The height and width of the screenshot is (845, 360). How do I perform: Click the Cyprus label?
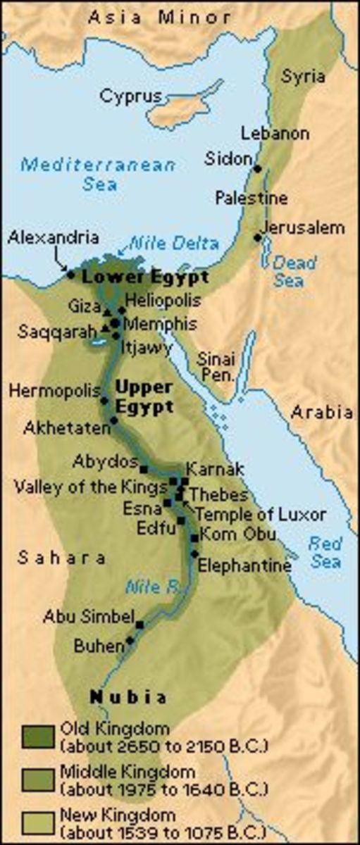click(130, 96)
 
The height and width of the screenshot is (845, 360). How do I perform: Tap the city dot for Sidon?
click(258, 168)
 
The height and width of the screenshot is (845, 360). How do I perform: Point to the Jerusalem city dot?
click(258, 237)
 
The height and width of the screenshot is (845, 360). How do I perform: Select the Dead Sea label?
click(289, 271)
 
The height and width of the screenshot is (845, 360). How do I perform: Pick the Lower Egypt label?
click(145, 277)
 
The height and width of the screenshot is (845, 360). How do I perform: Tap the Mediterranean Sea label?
click(97, 174)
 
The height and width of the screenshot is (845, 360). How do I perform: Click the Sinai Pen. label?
click(216, 366)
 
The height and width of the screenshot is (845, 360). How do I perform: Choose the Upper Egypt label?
click(144, 397)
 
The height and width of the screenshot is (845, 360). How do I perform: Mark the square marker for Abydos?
click(144, 468)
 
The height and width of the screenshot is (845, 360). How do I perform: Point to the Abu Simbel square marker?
click(139, 625)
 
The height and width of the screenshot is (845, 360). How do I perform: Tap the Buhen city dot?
click(130, 641)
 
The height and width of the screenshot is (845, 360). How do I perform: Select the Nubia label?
click(128, 697)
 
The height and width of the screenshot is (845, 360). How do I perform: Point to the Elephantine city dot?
click(194, 554)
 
